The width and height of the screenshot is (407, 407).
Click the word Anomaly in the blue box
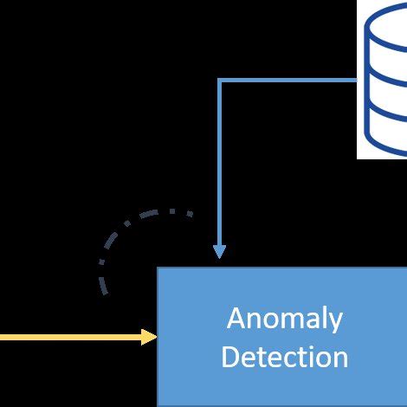pyautogui.click(x=284, y=319)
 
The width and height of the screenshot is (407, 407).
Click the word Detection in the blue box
pyautogui.click(x=284, y=356)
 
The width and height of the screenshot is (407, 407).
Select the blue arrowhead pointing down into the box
pyautogui.click(x=220, y=250)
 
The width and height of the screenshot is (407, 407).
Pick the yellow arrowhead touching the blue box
pyautogui.click(x=149, y=337)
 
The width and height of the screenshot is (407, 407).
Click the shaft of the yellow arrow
pyautogui.click(x=69, y=337)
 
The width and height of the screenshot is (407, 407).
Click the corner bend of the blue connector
pyautogui.click(x=220, y=81)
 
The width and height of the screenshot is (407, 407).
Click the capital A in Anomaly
pyautogui.click(x=235, y=319)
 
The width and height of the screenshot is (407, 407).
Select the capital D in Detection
pyautogui.click(x=230, y=356)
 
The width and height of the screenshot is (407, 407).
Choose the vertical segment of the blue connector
pyautogui.click(x=220, y=165)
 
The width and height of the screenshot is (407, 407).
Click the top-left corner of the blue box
pyautogui.click(x=158, y=268)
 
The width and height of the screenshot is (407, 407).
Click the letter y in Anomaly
pyautogui.click(x=334, y=322)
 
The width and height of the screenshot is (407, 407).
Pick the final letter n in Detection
pyautogui.click(x=340, y=358)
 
